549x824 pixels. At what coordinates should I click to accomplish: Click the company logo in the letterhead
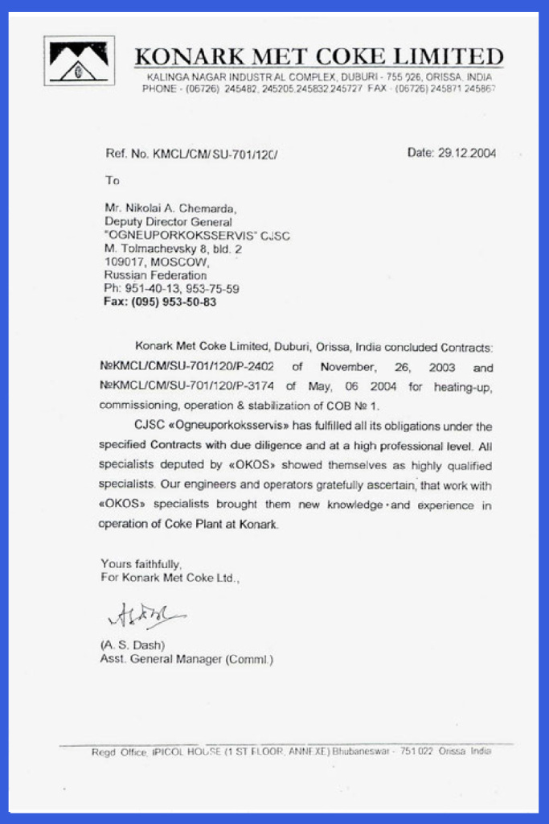tap(79, 61)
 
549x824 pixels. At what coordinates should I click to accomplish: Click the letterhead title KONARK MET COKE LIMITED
tap(318, 57)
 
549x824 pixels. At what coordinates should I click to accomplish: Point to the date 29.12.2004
tap(469, 153)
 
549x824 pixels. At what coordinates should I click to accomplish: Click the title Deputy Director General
tap(168, 222)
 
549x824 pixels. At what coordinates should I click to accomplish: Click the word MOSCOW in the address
tap(180, 262)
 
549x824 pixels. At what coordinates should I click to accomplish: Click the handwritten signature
tap(142, 616)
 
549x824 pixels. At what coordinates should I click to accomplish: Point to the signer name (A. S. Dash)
tap(133, 645)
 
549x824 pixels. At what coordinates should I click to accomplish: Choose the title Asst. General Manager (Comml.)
tap(186, 660)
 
